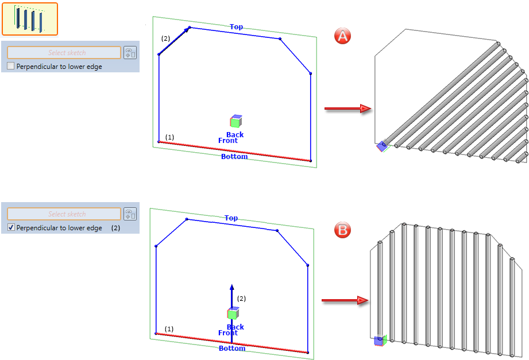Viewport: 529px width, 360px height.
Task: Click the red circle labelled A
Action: [x=342, y=36]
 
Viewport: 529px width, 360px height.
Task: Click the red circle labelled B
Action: [x=342, y=230]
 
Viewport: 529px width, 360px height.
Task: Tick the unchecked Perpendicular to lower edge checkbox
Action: [x=11, y=66]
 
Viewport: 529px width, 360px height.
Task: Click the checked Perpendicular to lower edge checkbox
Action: [x=11, y=227]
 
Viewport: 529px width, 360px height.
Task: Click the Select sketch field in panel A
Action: [x=64, y=53]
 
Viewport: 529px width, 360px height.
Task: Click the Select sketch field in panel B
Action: [x=64, y=214]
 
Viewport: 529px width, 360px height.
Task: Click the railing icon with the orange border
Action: [x=30, y=19]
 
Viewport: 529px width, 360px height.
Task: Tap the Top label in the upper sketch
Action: [x=236, y=26]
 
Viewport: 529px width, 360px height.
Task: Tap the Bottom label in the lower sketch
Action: [x=232, y=348]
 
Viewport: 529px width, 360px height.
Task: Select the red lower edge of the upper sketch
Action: [x=234, y=151]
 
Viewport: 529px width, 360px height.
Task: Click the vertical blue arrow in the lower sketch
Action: [x=232, y=313]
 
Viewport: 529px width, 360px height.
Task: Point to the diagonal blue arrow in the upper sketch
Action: [x=173, y=41]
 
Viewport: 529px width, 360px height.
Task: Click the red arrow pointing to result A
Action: [x=348, y=109]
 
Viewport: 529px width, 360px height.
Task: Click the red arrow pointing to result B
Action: [x=345, y=300]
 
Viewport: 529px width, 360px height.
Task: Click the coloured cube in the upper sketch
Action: [x=236, y=121]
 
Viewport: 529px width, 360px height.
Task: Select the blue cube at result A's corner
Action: [x=382, y=146]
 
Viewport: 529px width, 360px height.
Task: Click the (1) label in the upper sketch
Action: [x=169, y=137]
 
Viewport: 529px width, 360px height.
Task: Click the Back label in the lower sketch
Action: [x=235, y=327]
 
